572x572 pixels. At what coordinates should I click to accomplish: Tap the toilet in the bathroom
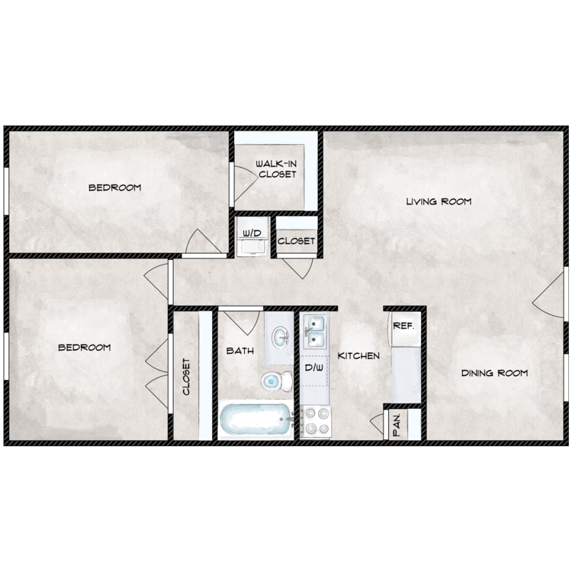277,381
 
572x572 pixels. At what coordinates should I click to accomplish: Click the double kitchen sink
313,332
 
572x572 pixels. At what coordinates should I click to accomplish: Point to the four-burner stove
316,422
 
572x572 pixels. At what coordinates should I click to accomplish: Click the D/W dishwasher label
313,368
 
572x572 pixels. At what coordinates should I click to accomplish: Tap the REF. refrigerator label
403,326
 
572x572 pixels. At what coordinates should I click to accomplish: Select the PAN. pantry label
397,425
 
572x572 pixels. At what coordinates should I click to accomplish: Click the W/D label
252,233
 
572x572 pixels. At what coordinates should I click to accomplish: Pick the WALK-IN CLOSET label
277,169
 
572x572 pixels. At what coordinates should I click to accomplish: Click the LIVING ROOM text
439,201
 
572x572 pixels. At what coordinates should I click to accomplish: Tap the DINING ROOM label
494,373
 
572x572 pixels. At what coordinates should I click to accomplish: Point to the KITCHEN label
358,355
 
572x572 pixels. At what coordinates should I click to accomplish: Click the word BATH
240,351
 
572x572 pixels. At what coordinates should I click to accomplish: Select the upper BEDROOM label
115,188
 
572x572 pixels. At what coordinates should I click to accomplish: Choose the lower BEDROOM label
85,347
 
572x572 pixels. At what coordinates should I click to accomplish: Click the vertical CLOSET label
186,377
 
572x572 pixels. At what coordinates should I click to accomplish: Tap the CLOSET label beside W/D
296,241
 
